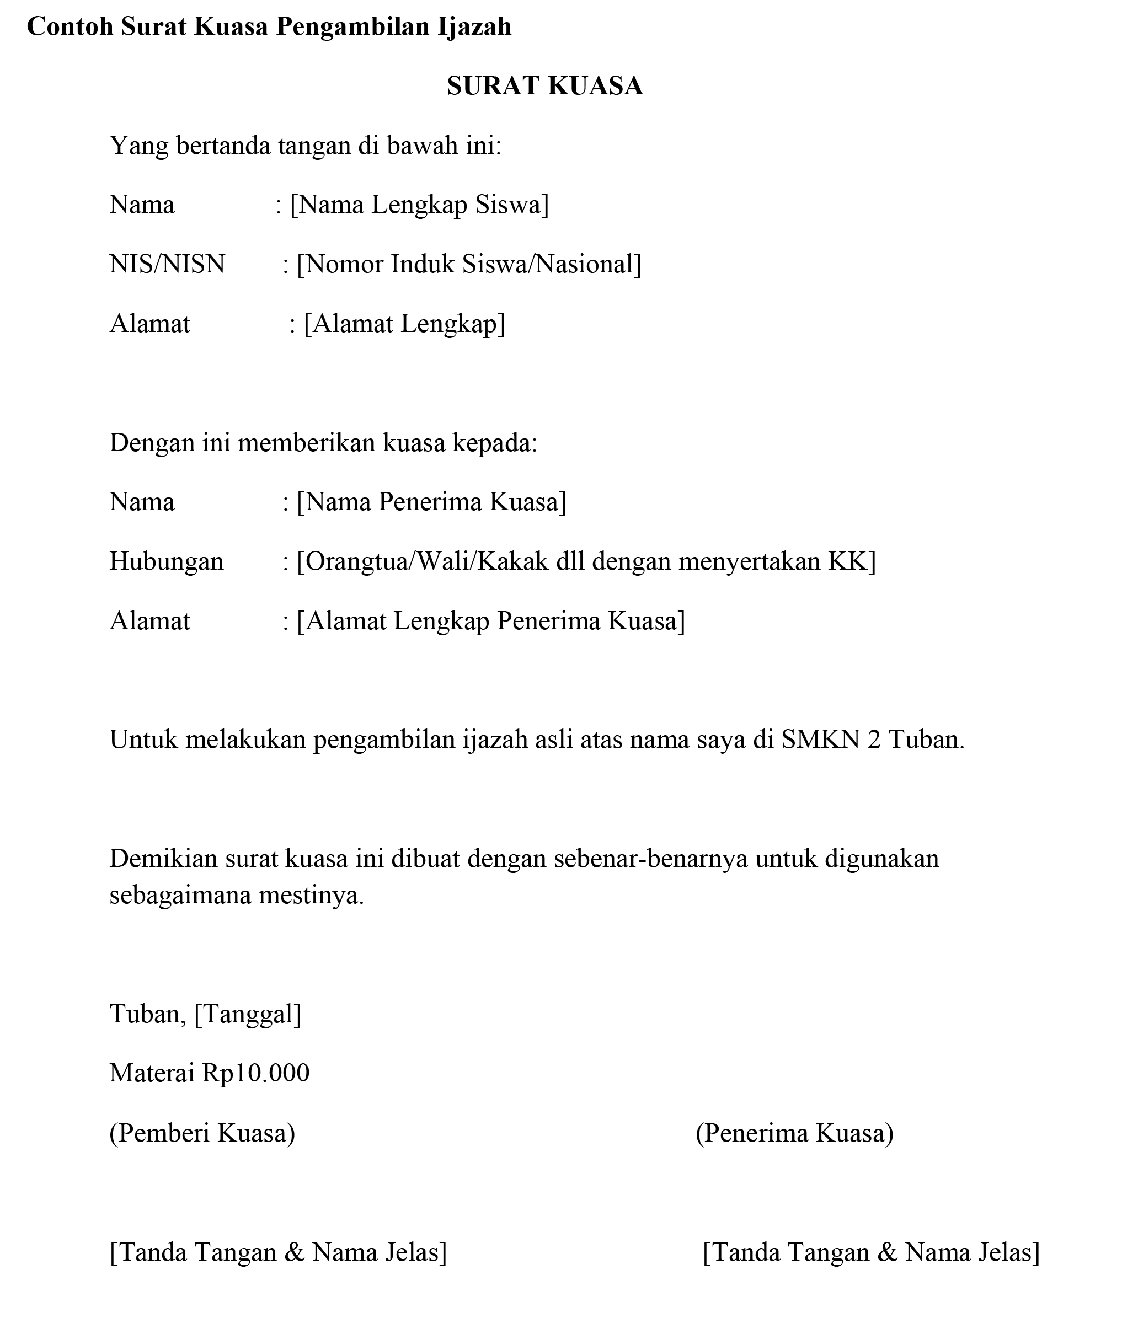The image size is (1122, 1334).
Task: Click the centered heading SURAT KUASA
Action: pyautogui.click(x=544, y=86)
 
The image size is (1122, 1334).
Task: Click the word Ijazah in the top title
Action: pyautogui.click(x=474, y=26)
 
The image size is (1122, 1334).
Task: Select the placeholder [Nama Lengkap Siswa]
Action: pyautogui.click(x=419, y=205)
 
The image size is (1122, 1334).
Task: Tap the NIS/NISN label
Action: pyautogui.click(x=167, y=264)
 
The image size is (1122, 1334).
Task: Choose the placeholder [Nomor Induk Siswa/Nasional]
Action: pyautogui.click(x=469, y=264)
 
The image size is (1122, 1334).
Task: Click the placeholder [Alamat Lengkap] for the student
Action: pyautogui.click(x=404, y=324)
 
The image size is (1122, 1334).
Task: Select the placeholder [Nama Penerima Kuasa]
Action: pyautogui.click(x=431, y=502)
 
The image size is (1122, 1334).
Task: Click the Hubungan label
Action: pyautogui.click(x=167, y=561)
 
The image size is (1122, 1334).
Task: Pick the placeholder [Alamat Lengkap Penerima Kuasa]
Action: pyautogui.click(x=491, y=620)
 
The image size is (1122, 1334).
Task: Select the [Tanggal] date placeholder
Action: pyautogui.click(x=248, y=1014)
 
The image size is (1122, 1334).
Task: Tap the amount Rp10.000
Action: pyautogui.click(x=256, y=1073)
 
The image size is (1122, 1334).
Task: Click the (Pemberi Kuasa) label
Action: pyautogui.click(x=202, y=1132)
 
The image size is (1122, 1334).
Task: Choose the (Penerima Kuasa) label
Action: pyautogui.click(x=794, y=1132)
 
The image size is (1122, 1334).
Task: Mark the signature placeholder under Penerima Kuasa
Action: pyautogui.click(x=872, y=1252)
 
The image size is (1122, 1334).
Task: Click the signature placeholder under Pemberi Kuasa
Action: pyautogui.click(x=279, y=1252)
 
